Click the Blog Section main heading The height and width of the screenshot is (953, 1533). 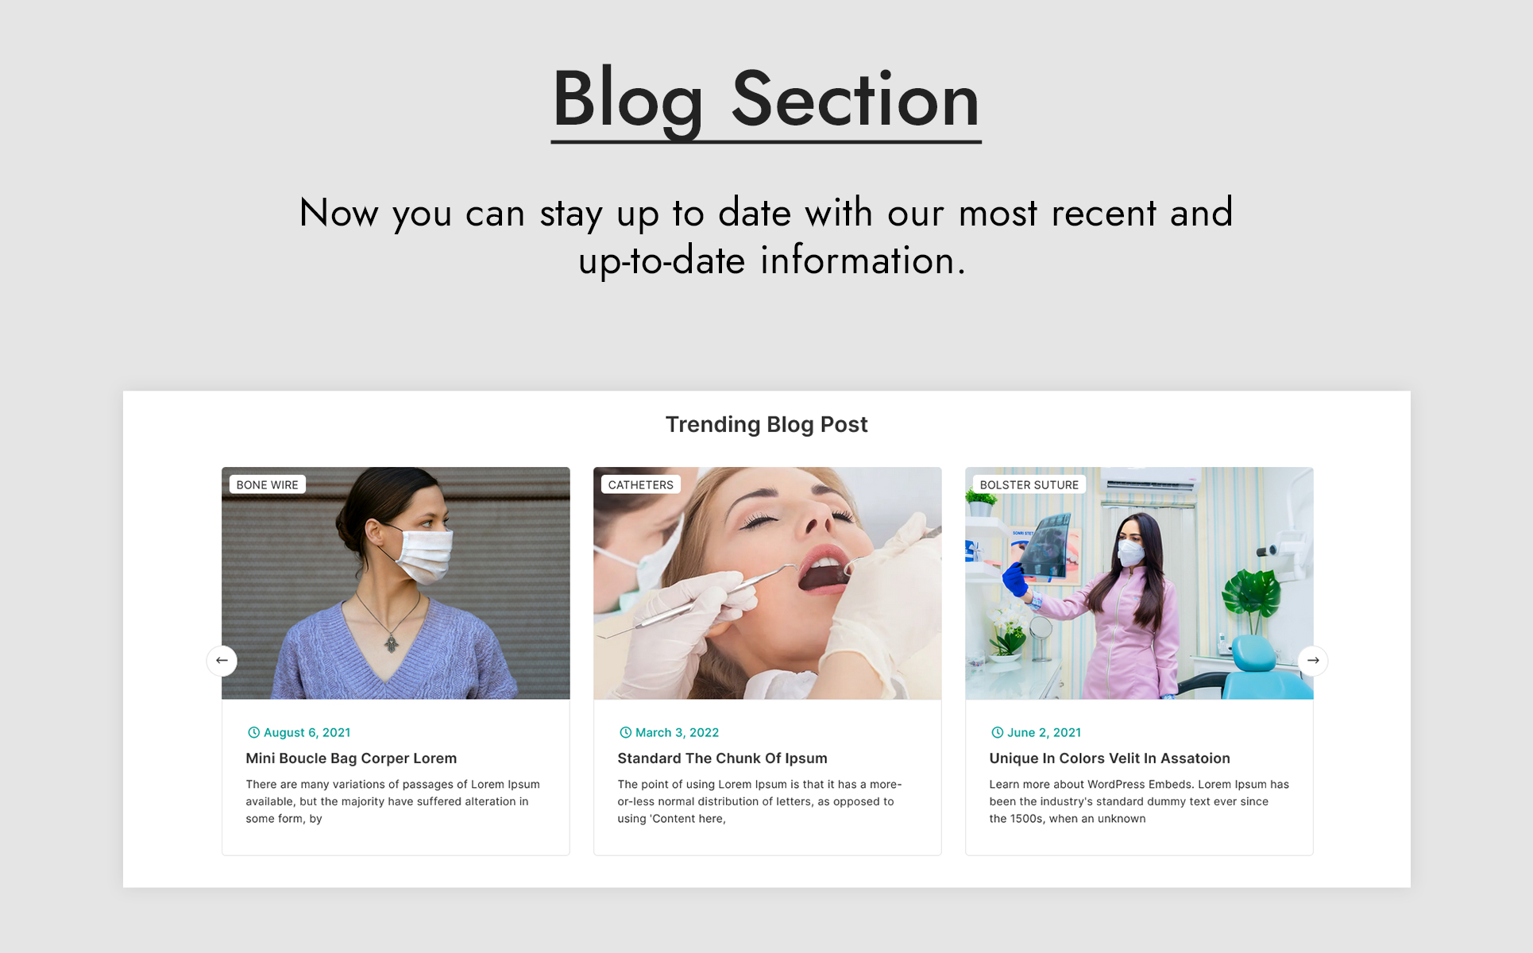766,99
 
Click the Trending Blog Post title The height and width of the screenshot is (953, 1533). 766,425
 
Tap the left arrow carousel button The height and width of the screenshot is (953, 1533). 222,661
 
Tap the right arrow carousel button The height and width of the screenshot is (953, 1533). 1313,661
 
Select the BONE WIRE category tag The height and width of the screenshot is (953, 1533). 268,484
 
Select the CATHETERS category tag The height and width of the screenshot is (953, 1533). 640,484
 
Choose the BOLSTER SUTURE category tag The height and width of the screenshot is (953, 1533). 1029,484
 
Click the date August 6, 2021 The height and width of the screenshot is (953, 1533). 307,732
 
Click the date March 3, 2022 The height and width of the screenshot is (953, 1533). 677,732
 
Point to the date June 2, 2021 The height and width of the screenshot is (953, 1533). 1044,732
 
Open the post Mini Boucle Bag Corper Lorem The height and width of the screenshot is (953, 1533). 351,758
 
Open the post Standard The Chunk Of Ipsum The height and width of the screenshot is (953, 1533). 722,758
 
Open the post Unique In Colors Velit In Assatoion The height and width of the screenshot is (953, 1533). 1110,758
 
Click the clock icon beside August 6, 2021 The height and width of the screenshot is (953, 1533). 253,732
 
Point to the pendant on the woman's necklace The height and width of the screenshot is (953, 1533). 392,642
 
